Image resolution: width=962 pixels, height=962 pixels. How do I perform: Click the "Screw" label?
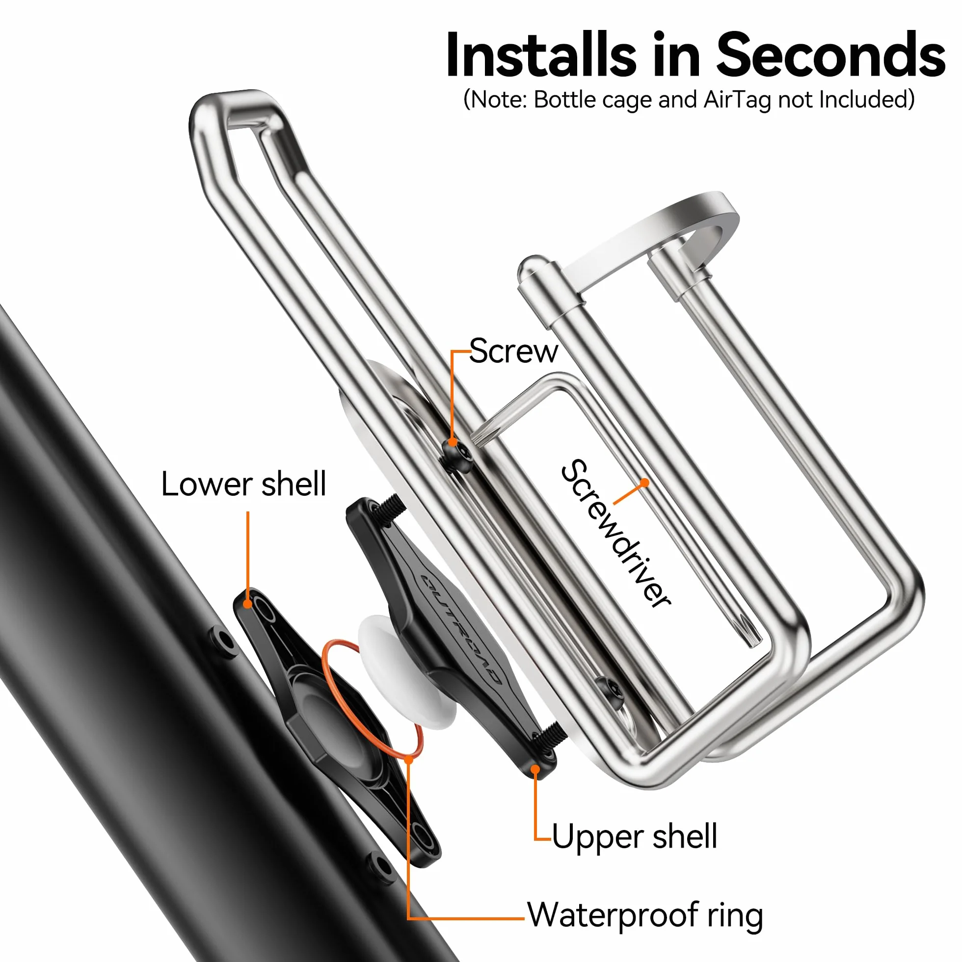click(513, 351)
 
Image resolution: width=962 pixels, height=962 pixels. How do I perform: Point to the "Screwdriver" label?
click(616, 533)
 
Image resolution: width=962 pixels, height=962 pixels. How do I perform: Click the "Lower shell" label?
click(243, 484)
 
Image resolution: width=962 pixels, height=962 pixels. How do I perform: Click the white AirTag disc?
click(407, 672)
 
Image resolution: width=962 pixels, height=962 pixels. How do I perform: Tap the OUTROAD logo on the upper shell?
click(460, 629)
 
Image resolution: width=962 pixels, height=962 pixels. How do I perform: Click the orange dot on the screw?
click(453, 442)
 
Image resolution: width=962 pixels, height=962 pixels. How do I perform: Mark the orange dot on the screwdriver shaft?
click(645, 482)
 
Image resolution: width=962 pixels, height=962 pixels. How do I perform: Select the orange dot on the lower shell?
click(247, 605)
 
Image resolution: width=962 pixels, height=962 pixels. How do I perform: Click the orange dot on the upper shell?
click(535, 770)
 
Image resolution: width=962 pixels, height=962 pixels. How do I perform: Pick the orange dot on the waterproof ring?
click(409, 760)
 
